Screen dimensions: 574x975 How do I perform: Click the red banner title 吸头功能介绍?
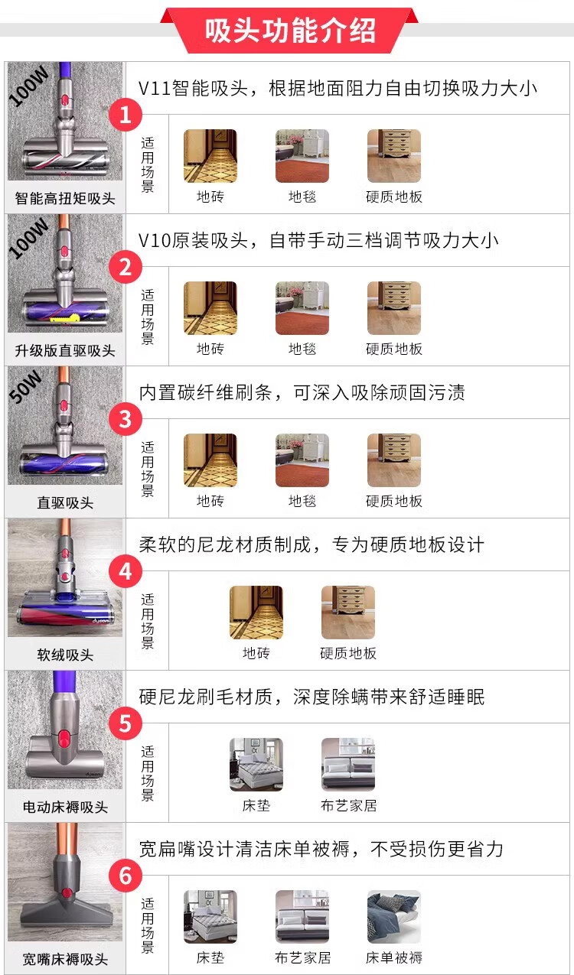click(290, 31)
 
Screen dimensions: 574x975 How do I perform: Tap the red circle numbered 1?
click(126, 115)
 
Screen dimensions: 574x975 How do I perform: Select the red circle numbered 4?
click(126, 571)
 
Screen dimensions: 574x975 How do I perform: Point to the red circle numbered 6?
click(126, 876)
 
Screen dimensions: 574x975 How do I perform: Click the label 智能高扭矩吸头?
click(65, 199)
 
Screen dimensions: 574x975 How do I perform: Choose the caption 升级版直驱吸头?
click(65, 350)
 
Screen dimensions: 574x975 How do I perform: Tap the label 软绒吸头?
click(65, 655)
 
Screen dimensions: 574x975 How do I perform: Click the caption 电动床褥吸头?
click(65, 807)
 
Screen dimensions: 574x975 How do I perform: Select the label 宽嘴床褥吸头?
click(65, 959)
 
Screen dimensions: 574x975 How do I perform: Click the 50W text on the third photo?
click(26, 386)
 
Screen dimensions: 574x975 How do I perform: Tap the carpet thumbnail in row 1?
click(302, 156)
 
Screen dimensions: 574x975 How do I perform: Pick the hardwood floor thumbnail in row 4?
click(348, 613)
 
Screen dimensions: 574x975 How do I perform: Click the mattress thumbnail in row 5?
click(256, 765)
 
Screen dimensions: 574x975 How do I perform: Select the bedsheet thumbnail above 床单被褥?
click(394, 917)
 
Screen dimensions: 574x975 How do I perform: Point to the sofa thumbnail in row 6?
click(302, 917)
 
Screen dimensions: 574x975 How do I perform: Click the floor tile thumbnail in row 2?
click(210, 308)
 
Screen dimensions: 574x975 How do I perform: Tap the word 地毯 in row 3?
click(302, 501)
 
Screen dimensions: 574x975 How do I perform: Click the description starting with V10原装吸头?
click(318, 240)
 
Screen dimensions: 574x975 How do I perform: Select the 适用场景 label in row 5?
click(148, 773)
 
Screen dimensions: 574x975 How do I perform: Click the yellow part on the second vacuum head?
click(65, 320)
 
